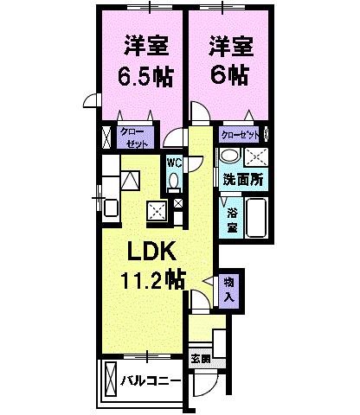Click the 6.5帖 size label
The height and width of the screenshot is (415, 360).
(x=139, y=76)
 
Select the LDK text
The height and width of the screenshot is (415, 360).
(x=153, y=252)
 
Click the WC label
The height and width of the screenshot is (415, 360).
(x=173, y=162)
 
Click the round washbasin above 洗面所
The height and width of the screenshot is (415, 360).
(x=228, y=156)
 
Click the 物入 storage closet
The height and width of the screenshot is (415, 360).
(x=228, y=288)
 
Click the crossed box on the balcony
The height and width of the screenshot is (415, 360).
(x=110, y=379)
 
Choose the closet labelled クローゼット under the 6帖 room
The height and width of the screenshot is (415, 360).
(x=241, y=136)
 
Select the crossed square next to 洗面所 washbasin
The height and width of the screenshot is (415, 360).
(x=257, y=156)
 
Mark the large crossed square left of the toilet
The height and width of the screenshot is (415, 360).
(x=157, y=209)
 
